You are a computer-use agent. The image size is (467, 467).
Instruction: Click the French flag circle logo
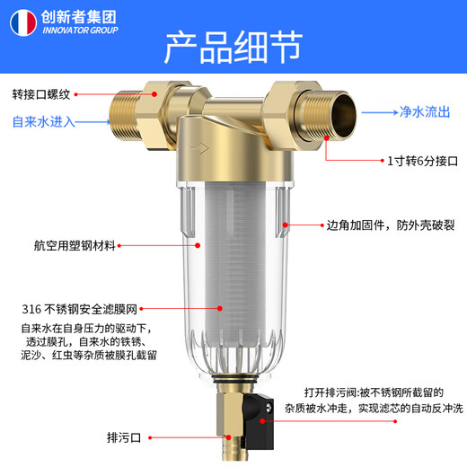21,19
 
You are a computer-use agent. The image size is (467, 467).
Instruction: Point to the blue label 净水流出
425,113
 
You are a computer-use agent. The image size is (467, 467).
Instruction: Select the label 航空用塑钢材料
62,244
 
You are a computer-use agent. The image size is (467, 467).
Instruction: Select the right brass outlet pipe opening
345,112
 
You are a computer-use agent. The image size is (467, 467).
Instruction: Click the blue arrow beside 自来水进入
91,121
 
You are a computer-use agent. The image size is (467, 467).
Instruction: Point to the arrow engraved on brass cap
202,151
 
